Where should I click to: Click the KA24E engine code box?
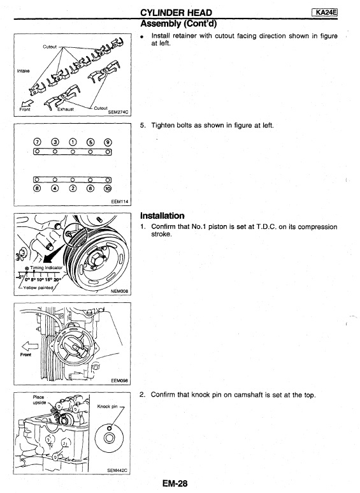[x=324, y=12]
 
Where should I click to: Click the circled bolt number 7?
[x=37, y=142]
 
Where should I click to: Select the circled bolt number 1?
[x=73, y=142]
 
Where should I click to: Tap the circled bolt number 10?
[x=108, y=189]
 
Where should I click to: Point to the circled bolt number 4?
[x=55, y=189]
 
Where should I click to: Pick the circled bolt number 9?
[x=108, y=142]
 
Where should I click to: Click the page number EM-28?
[x=175, y=483]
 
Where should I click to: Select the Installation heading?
[x=162, y=216]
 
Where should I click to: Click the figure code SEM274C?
[x=118, y=112]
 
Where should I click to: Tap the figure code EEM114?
[x=120, y=202]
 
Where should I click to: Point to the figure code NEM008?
[x=119, y=291]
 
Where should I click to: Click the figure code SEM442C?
[x=117, y=471]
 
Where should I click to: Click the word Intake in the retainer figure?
[x=23, y=71]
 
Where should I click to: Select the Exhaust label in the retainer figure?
[x=66, y=110]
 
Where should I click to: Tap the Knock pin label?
[x=107, y=406]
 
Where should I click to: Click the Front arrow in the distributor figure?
[x=30, y=346]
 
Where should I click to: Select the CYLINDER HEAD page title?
[x=176, y=13]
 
